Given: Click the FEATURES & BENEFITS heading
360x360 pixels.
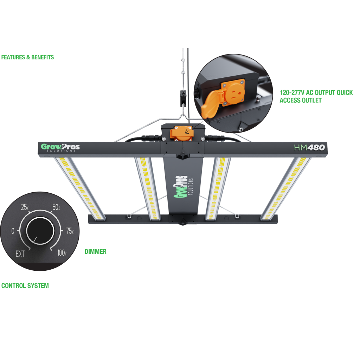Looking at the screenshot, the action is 27,57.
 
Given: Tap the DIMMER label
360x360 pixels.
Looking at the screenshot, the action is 96,252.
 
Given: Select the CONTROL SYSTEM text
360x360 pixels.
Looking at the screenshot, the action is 25,285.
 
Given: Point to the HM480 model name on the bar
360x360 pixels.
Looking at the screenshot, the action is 309,147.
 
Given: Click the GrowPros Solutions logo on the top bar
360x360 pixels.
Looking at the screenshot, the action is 60,147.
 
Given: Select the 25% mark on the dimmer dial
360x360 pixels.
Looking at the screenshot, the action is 25,207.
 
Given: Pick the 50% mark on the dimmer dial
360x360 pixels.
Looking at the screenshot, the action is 56,207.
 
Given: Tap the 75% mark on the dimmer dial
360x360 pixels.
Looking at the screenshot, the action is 70,231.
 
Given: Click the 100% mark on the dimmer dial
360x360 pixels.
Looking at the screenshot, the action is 62,253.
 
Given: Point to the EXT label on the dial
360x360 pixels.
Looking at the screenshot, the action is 20,254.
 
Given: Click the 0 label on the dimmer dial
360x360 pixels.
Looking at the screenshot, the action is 13,231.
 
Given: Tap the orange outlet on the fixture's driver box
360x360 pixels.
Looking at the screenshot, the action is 182,133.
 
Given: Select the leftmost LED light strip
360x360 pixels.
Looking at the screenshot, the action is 79,188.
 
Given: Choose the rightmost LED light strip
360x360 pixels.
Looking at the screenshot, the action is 286,188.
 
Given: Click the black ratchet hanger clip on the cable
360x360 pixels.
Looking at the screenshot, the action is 183,98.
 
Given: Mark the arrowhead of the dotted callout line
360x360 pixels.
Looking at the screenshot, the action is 186,131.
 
